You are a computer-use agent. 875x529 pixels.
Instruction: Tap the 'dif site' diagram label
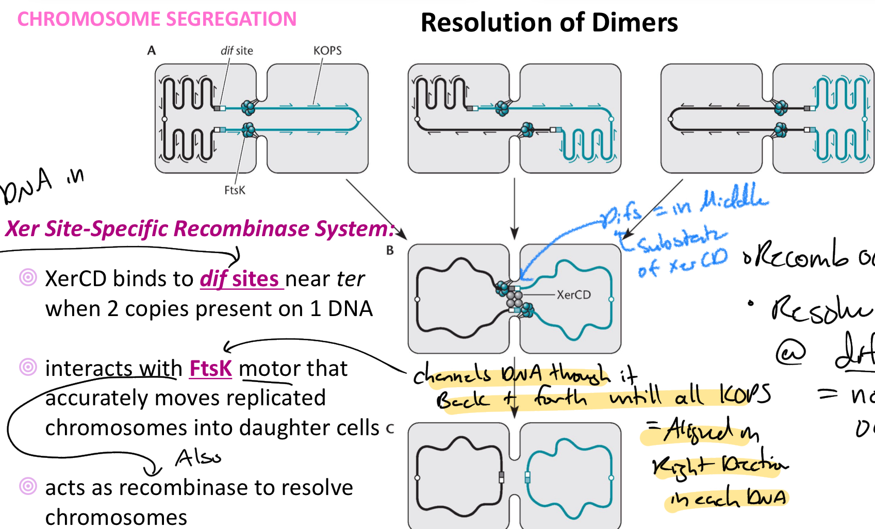pos(237,51)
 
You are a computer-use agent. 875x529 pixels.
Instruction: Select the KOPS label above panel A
pos(327,51)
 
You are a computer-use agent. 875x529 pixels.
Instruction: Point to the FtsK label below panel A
pos(235,190)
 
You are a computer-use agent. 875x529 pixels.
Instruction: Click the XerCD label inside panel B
pos(573,295)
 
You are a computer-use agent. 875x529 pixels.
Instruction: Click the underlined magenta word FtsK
pos(210,369)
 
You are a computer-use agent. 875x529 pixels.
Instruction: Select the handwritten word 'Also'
pos(198,458)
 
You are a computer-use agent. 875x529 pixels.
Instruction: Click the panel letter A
pos(151,51)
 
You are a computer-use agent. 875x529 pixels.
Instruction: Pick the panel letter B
pos(390,251)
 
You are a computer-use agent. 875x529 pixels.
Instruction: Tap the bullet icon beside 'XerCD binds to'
pos(28,277)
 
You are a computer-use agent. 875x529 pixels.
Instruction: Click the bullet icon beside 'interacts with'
pos(28,367)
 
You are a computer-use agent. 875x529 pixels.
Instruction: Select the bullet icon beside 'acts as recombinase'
pos(28,486)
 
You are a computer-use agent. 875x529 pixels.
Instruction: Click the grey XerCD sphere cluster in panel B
pos(514,299)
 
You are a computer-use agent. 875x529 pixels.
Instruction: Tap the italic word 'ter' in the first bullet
pos(351,279)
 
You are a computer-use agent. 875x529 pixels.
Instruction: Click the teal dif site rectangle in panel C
pos(527,477)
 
